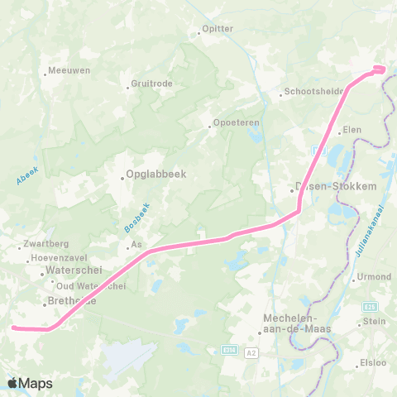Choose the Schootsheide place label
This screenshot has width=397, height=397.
[314, 92]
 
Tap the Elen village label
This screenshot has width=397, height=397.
[352, 130]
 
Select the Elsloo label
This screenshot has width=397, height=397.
[373, 361]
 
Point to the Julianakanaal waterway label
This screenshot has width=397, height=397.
[369, 235]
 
